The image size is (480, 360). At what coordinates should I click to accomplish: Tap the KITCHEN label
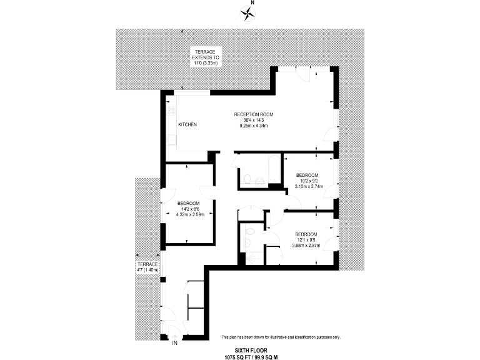[187, 125]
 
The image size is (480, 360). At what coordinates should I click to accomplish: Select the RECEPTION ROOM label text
[254, 114]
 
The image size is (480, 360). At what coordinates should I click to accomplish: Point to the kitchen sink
[170, 140]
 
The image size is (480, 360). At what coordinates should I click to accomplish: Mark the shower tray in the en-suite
[252, 255]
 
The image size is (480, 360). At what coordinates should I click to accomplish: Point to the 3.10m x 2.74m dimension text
[307, 187]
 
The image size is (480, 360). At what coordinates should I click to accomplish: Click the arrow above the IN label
[174, 332]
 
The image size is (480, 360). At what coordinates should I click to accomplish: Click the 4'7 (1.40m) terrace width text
[148, 271]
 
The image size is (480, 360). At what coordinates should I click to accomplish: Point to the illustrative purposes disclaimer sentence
[281, 337]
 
